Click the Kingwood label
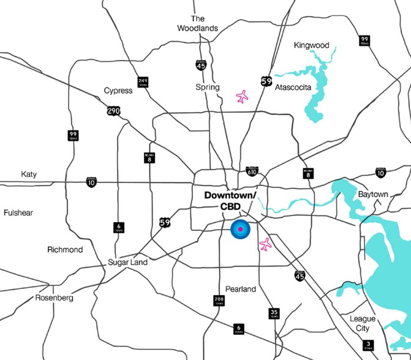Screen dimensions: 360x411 point(311,45)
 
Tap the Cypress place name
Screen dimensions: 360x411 point(118,91)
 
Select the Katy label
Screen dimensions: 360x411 point(28,174)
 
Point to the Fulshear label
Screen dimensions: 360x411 point(18,212)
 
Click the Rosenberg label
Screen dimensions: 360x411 point(54,298)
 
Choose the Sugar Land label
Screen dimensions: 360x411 point(127,262)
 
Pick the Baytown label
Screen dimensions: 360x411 point(372,195)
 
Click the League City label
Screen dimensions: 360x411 point(363,323)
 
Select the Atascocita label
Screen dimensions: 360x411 point(293,88)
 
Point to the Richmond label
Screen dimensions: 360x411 point(65,250)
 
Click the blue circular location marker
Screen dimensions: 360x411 point(240,230)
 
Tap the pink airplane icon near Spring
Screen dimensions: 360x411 point(243,97)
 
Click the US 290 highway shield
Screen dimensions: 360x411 point(113,111)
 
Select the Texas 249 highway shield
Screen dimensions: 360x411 point(143,82)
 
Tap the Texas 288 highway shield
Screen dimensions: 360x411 point(219,301)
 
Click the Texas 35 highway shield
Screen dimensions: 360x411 point(274,313)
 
